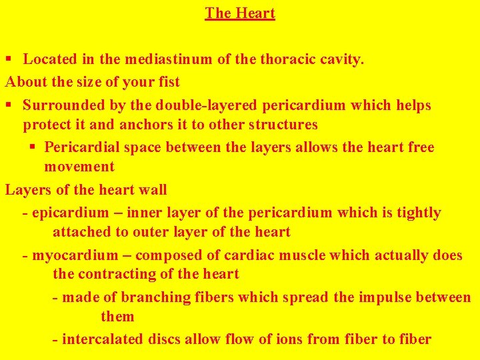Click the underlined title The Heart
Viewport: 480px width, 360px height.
coord(240,13)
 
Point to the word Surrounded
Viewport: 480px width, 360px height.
coord(64,105)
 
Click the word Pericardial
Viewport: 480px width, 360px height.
coord(83,147)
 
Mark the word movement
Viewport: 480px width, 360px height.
coord(79,167)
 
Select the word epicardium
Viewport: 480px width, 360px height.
coord(69,213)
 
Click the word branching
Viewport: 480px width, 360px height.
coord(163,297)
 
